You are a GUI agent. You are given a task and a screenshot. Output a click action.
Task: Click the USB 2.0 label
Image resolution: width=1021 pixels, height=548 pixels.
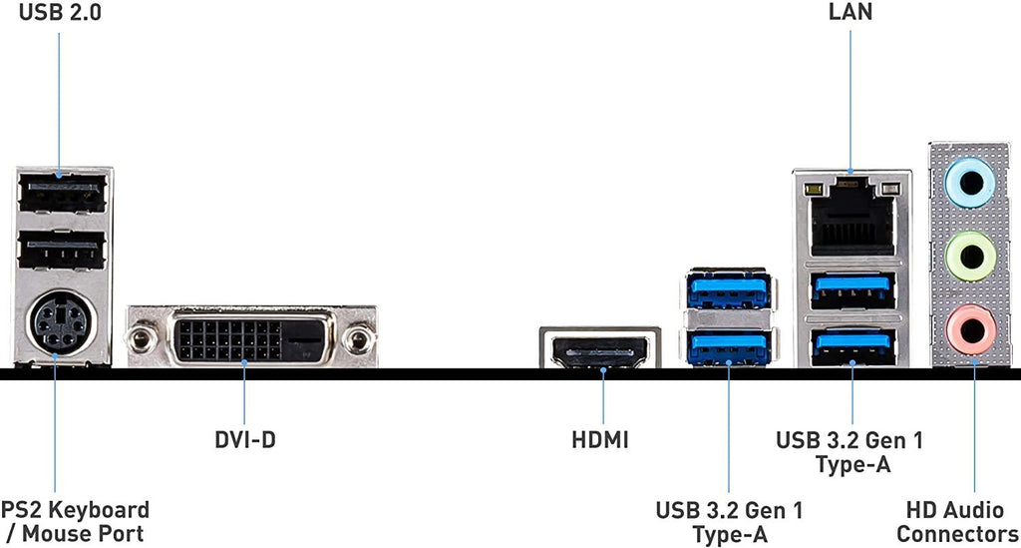pos(60,13)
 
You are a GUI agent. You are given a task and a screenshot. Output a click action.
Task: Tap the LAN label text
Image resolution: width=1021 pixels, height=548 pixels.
pos(850,13)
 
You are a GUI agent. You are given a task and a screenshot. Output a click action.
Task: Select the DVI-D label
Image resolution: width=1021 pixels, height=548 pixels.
pos(245,439)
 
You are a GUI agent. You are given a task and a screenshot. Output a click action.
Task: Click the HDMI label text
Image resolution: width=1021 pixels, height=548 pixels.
pos(600,439)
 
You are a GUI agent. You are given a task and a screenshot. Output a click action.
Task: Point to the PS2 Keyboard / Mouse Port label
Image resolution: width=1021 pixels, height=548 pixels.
pos(76,522)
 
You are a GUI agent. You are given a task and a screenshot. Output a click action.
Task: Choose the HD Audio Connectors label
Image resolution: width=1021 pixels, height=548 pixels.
pos(957,522)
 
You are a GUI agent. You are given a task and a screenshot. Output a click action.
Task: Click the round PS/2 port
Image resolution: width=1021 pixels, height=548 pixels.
pos(56,323)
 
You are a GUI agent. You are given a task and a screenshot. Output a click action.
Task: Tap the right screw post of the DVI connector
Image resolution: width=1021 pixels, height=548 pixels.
pos(354,340)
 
